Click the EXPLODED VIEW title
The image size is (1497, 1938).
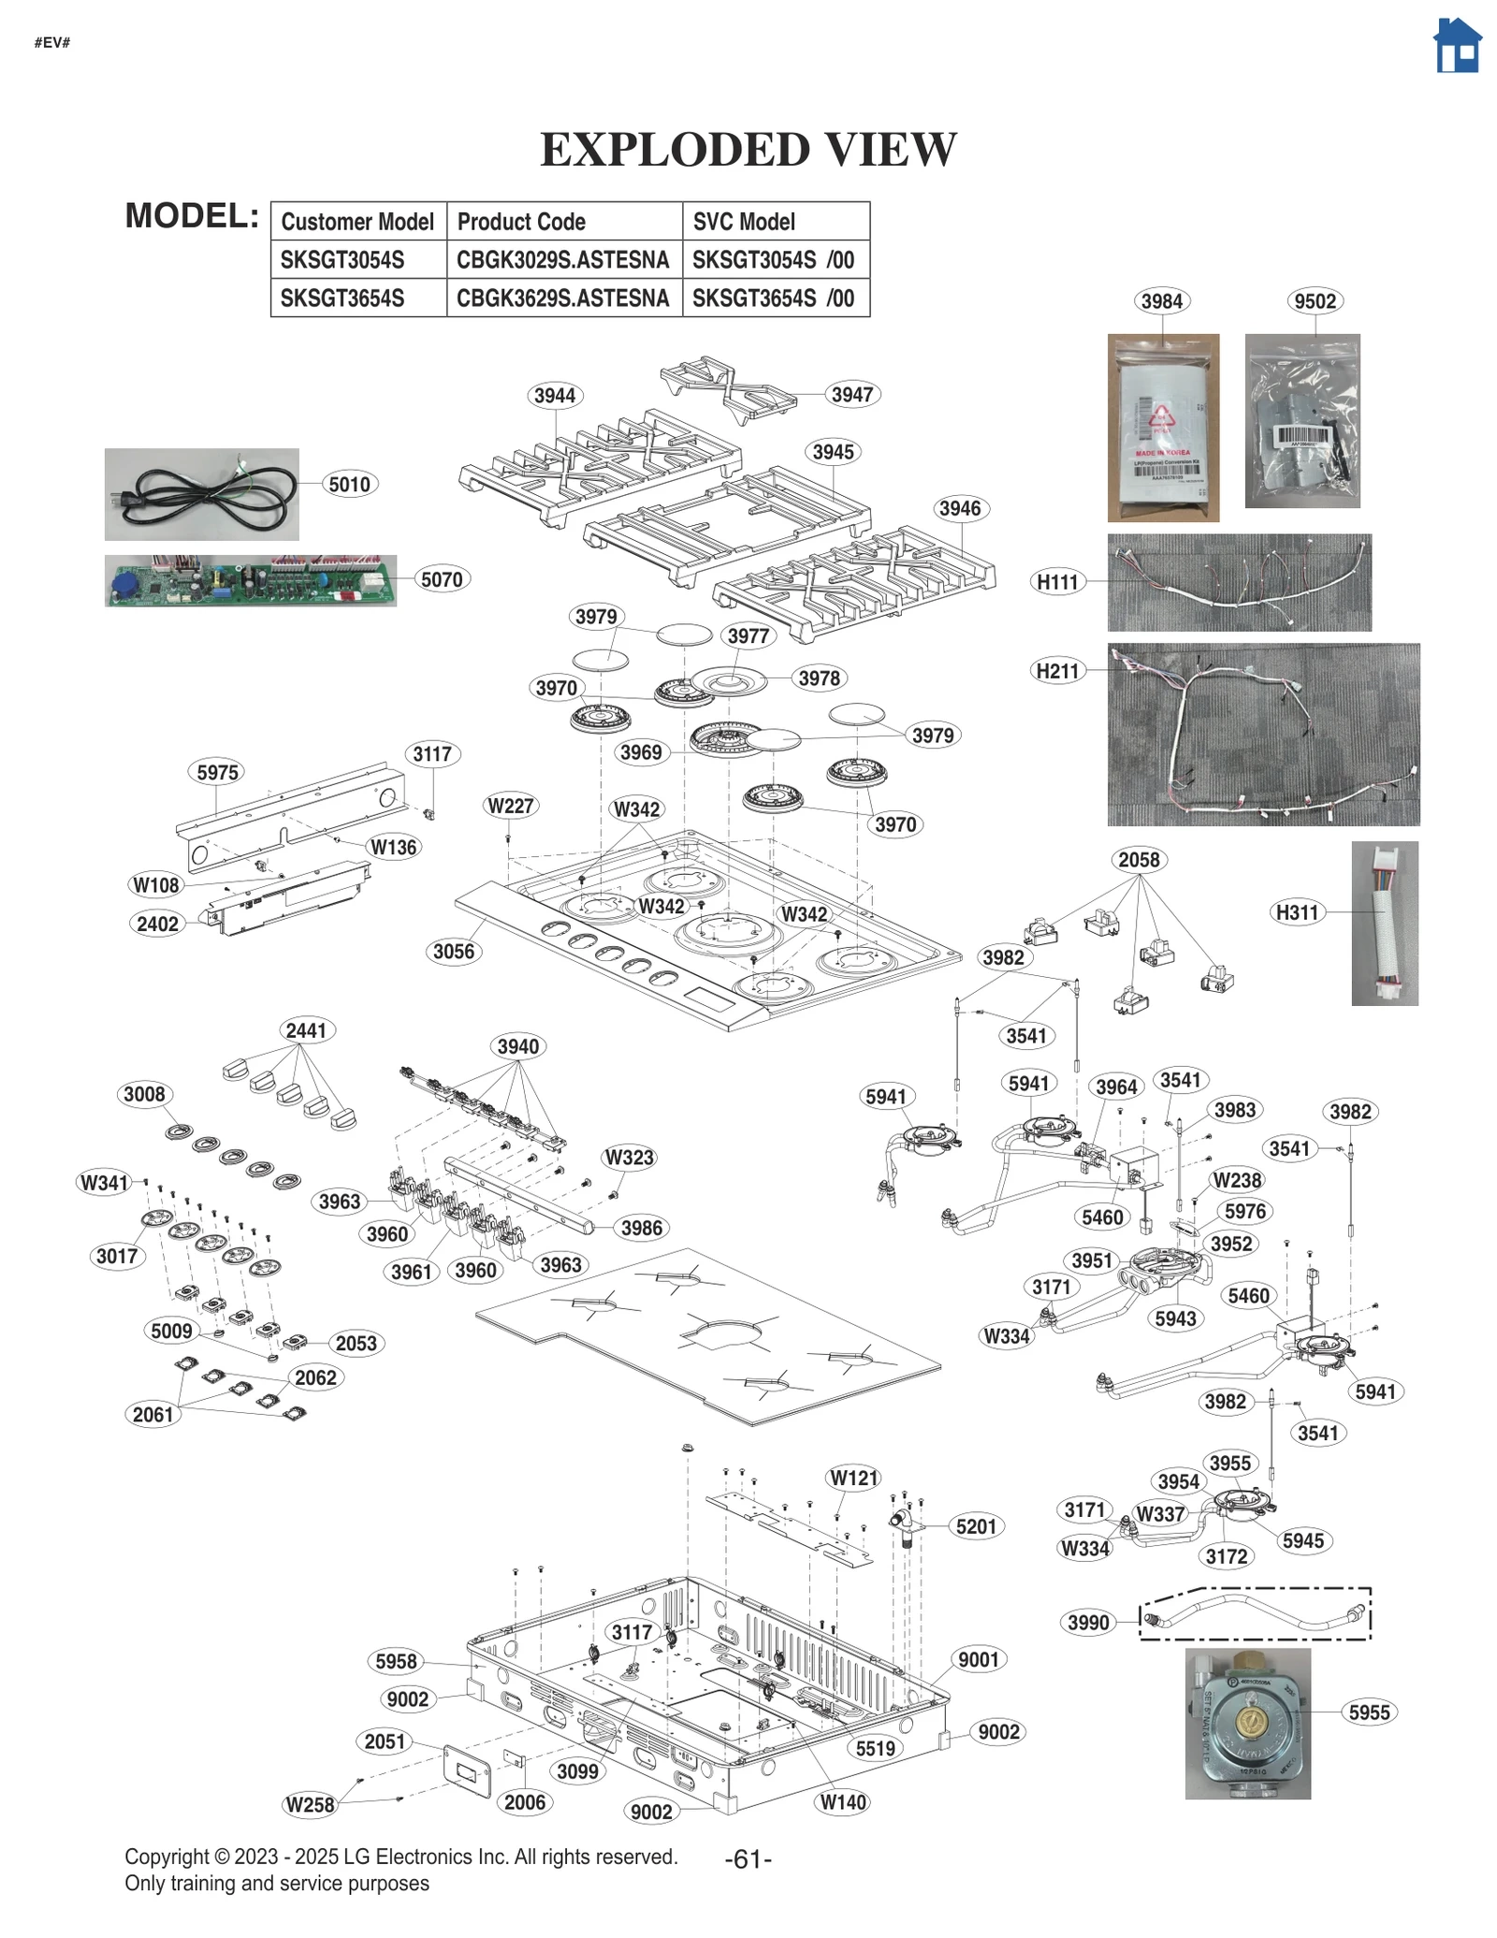748,150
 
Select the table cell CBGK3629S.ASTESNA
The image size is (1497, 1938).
562,299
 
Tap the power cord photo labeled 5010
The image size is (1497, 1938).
201,494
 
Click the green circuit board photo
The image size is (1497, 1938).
250,580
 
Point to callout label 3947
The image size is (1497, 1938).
851,395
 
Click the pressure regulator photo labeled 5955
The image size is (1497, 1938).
1247,1723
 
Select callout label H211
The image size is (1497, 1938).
1057,671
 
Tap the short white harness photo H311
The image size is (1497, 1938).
1384,923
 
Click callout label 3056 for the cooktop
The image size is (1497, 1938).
453,952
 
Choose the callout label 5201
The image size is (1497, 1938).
976,1526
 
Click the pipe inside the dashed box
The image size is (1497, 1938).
1254,1612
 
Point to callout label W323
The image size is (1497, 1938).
629,1158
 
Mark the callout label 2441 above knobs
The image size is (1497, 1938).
306,1030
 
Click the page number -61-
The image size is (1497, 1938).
748,1859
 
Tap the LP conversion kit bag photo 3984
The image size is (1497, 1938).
1162,428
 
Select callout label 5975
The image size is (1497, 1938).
217,773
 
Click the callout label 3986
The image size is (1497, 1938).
641,1228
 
